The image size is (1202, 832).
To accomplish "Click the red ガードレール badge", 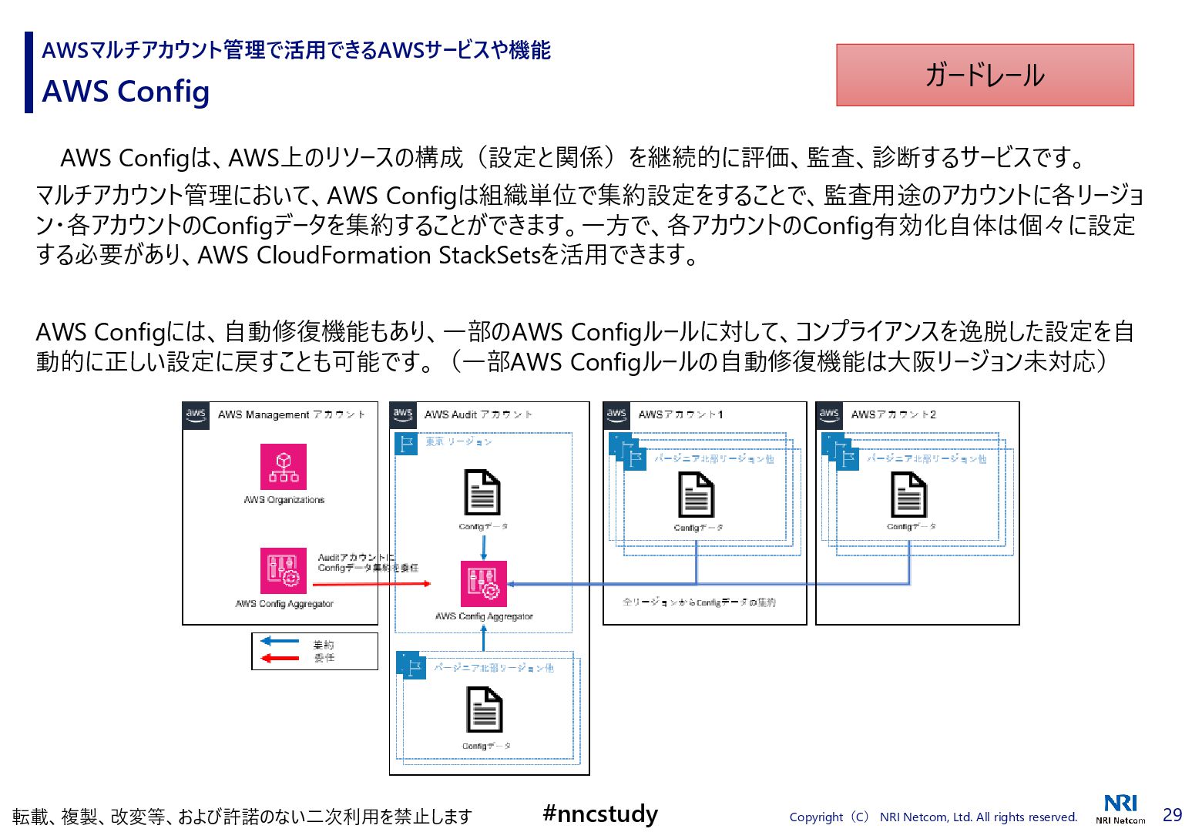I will click(x=985, y=75).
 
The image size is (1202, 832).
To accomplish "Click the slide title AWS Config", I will click(x=126, y=92).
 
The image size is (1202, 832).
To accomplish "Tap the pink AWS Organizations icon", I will click(x=284, y=467).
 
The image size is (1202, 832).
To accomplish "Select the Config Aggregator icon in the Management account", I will click(x=284, y=571).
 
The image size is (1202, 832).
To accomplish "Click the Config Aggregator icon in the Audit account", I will click(x=484, y=584).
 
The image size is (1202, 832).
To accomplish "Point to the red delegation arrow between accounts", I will click(x=372, y=584).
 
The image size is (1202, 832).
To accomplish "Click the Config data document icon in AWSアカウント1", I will click(x=696, y=495).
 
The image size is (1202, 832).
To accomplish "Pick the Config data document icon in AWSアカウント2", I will click(x=908, y=495).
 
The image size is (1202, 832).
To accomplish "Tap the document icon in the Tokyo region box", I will click(x=482, y=493).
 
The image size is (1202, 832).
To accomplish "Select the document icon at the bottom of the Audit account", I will click(x=484, y=710).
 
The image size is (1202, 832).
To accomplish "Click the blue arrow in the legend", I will click(x=280, y=641).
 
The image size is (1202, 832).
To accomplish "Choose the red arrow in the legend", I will click(x=280, y=658).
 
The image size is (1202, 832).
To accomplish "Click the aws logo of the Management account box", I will click(x=196, y=415).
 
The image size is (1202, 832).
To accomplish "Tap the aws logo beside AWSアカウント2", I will click(x=829, y=415).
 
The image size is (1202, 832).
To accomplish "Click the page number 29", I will click(x=1172, y=815).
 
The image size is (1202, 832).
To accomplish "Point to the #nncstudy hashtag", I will click(x=600, y=814).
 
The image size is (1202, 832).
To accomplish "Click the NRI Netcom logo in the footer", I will click(x=1120, y=809).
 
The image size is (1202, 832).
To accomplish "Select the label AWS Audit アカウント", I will click(x=478, y=414).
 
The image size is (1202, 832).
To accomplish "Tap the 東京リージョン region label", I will click(x=458, y=442).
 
